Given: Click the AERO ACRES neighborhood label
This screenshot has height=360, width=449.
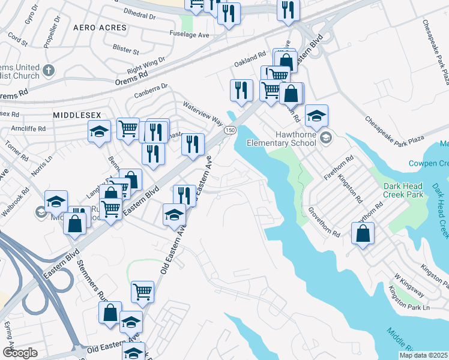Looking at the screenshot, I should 100,28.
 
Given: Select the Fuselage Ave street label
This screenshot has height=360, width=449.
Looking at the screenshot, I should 189,35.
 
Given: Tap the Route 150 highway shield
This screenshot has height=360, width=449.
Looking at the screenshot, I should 229,130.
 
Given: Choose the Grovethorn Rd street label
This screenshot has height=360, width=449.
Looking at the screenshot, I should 324,221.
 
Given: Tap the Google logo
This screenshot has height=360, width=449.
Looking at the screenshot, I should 20,353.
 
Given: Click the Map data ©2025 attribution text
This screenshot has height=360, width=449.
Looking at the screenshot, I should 423,355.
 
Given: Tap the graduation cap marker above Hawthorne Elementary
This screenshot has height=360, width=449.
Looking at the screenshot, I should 316,115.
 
